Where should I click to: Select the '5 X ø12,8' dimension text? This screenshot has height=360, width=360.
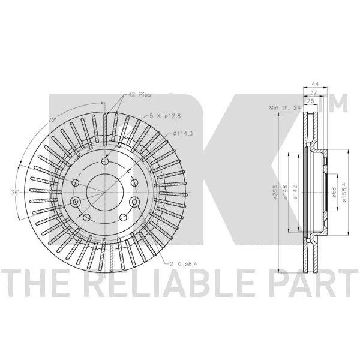166,116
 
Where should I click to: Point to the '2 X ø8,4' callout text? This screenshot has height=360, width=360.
183,264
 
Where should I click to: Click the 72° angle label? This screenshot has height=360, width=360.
52,119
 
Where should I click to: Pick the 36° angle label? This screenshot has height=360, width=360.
14,193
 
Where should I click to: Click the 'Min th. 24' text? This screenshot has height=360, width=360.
285,107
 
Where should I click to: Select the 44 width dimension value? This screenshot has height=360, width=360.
315,84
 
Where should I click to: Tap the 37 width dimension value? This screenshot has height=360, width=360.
313,93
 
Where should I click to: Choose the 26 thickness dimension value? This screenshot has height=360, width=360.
310,101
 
